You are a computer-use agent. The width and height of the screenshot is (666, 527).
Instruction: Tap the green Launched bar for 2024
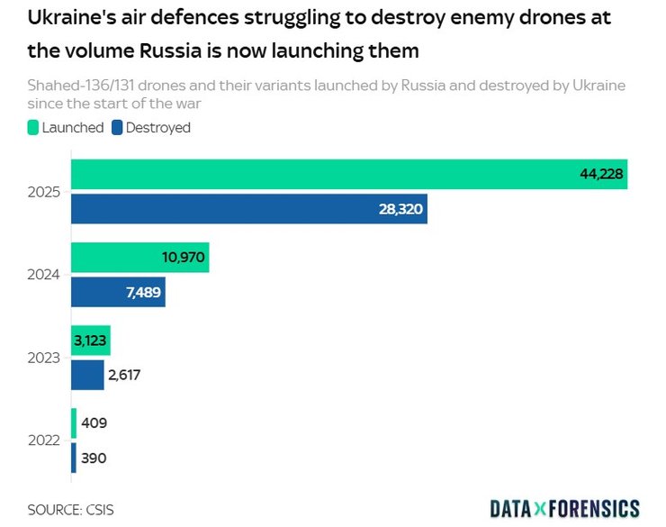click(117, 258)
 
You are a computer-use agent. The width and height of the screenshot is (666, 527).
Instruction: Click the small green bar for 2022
click(74, 423)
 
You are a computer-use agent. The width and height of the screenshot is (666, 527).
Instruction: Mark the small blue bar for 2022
click(74, 458)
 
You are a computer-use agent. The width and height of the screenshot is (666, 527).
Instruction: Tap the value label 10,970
click(184, 258)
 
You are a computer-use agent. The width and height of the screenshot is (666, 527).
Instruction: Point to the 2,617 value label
click(125, 375)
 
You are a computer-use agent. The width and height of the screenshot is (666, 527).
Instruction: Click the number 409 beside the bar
click(94, 423)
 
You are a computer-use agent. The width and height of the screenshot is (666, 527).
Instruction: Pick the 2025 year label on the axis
click(43, 193)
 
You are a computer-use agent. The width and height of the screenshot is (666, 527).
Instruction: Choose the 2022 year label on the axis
click(43, 441)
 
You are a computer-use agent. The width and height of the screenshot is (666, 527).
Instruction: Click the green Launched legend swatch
click(33, 128)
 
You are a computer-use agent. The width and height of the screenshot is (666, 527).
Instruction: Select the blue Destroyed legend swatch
click(117, 128)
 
